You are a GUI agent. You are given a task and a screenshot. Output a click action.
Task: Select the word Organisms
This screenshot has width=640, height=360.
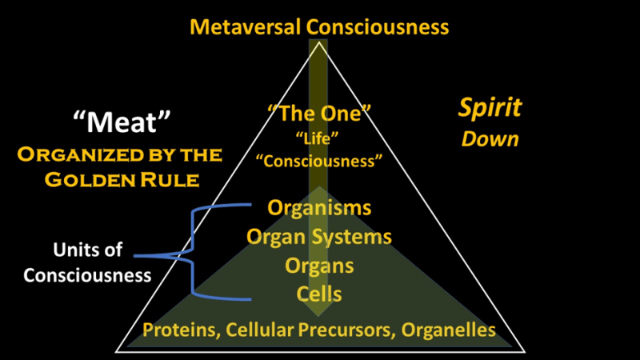click(x=320, y=208)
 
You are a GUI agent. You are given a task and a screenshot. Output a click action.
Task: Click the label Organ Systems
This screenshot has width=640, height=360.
click(x=320, y=237)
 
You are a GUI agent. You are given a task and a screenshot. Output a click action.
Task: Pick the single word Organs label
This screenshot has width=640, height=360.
click(x=320, y=265)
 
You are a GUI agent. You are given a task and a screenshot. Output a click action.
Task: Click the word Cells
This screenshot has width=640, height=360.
click(x=320, y=294)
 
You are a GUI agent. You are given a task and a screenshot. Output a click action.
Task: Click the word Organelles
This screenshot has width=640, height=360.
click(x=450, y=330)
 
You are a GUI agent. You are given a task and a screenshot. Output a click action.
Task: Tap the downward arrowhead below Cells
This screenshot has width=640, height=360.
click(x=320, y=312)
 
